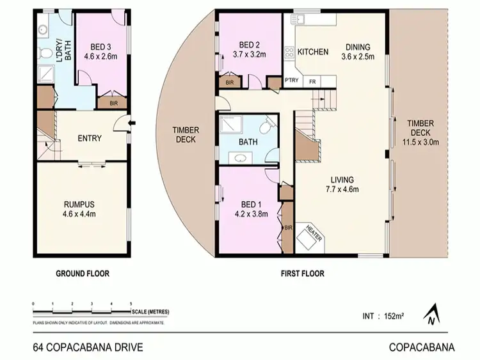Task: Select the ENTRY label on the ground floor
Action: pos(90,139)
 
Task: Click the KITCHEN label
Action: pos(313,52)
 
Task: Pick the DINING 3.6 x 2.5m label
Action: pos(358,51)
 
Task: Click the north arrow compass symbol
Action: pos(432,313)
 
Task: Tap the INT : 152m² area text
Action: pos(382,315)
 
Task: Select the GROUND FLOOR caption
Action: pos(82,274)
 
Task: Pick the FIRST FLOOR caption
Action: pos(302,274)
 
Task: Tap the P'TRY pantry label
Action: pos(292,82)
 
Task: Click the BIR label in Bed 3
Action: pos(113,102)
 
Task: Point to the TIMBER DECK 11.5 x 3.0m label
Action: pos(420,132)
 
